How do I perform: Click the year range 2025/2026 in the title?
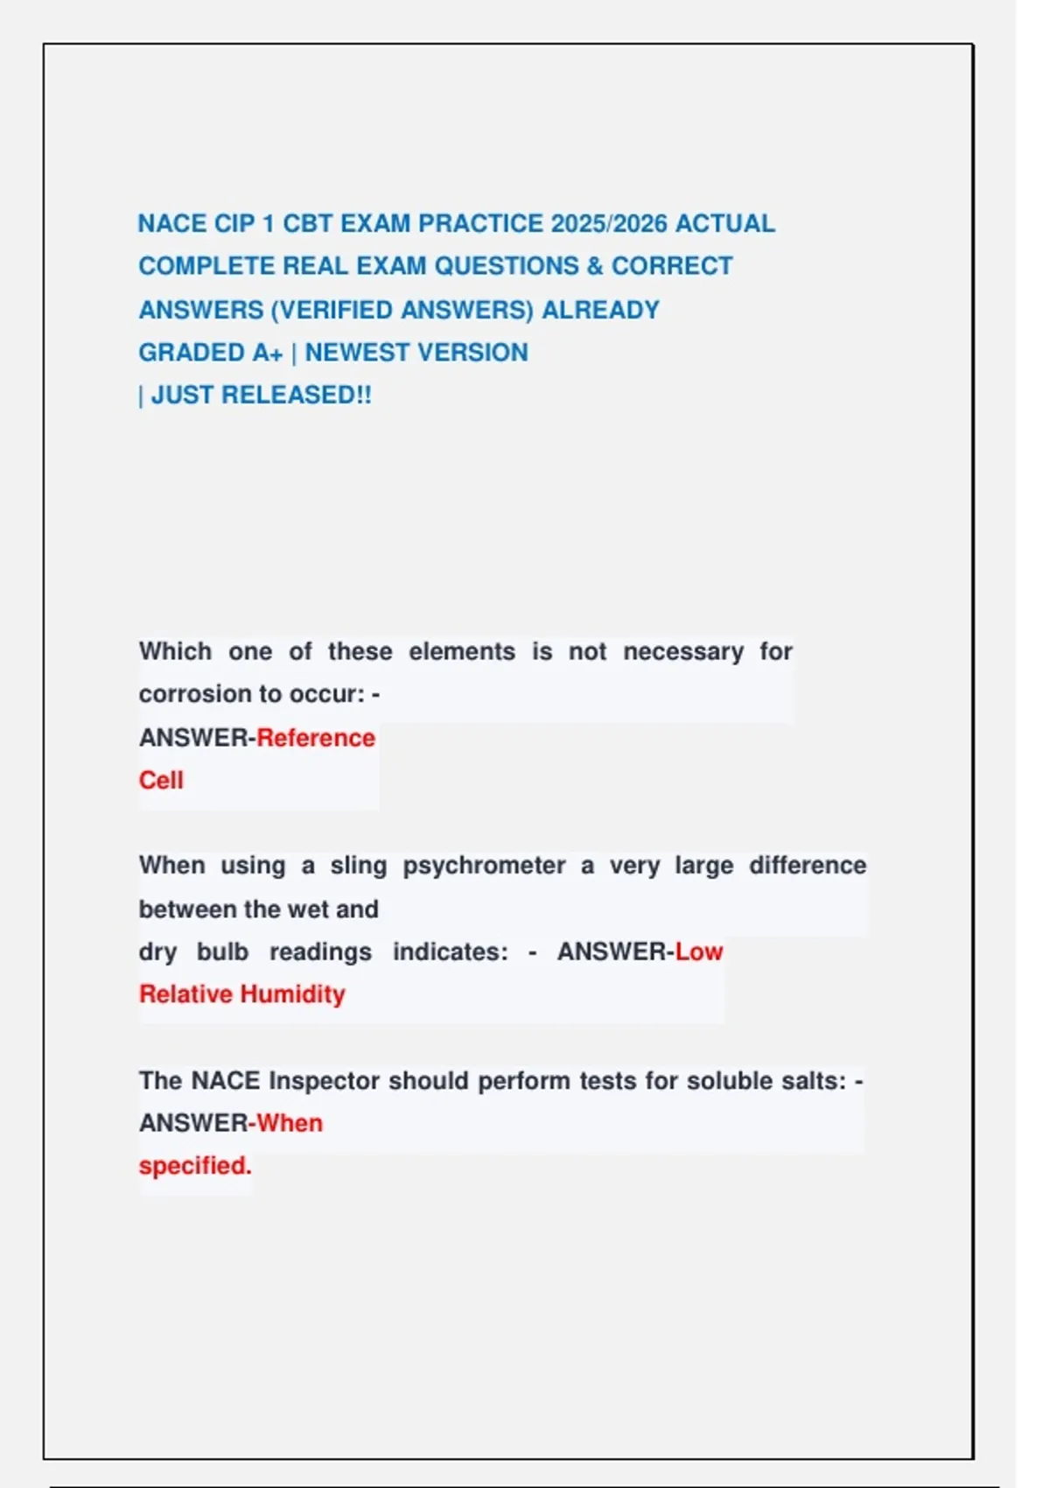point(609,224)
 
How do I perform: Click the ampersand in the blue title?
point(595,266)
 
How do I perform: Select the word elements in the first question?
point(462,652)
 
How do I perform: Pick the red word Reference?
point(316,738)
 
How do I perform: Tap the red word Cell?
point(161,781)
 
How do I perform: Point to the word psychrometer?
point(484,866)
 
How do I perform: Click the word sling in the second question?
point(358,866)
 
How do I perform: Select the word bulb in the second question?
point(222,951)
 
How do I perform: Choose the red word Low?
point(699,951)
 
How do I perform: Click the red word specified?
point(195,1166)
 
